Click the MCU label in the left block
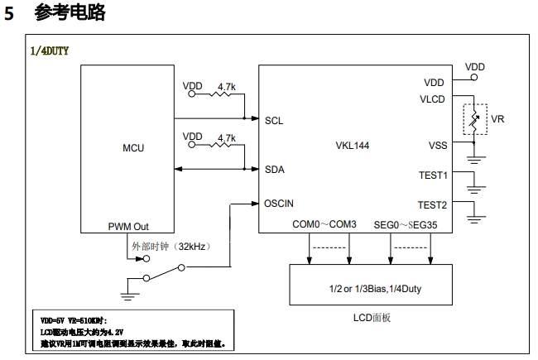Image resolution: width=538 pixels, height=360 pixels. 132,148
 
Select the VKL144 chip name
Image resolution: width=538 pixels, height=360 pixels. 351,144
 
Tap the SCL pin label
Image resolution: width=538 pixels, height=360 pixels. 274,120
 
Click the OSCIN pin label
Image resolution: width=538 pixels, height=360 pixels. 279,203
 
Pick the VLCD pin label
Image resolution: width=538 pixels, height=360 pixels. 434,100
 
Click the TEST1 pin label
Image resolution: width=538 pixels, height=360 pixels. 433,175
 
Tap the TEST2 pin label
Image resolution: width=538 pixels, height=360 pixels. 433,204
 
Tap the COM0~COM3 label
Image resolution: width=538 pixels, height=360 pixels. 324,224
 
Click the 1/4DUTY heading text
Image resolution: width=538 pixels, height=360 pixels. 49,50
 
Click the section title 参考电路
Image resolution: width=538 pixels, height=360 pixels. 70,13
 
